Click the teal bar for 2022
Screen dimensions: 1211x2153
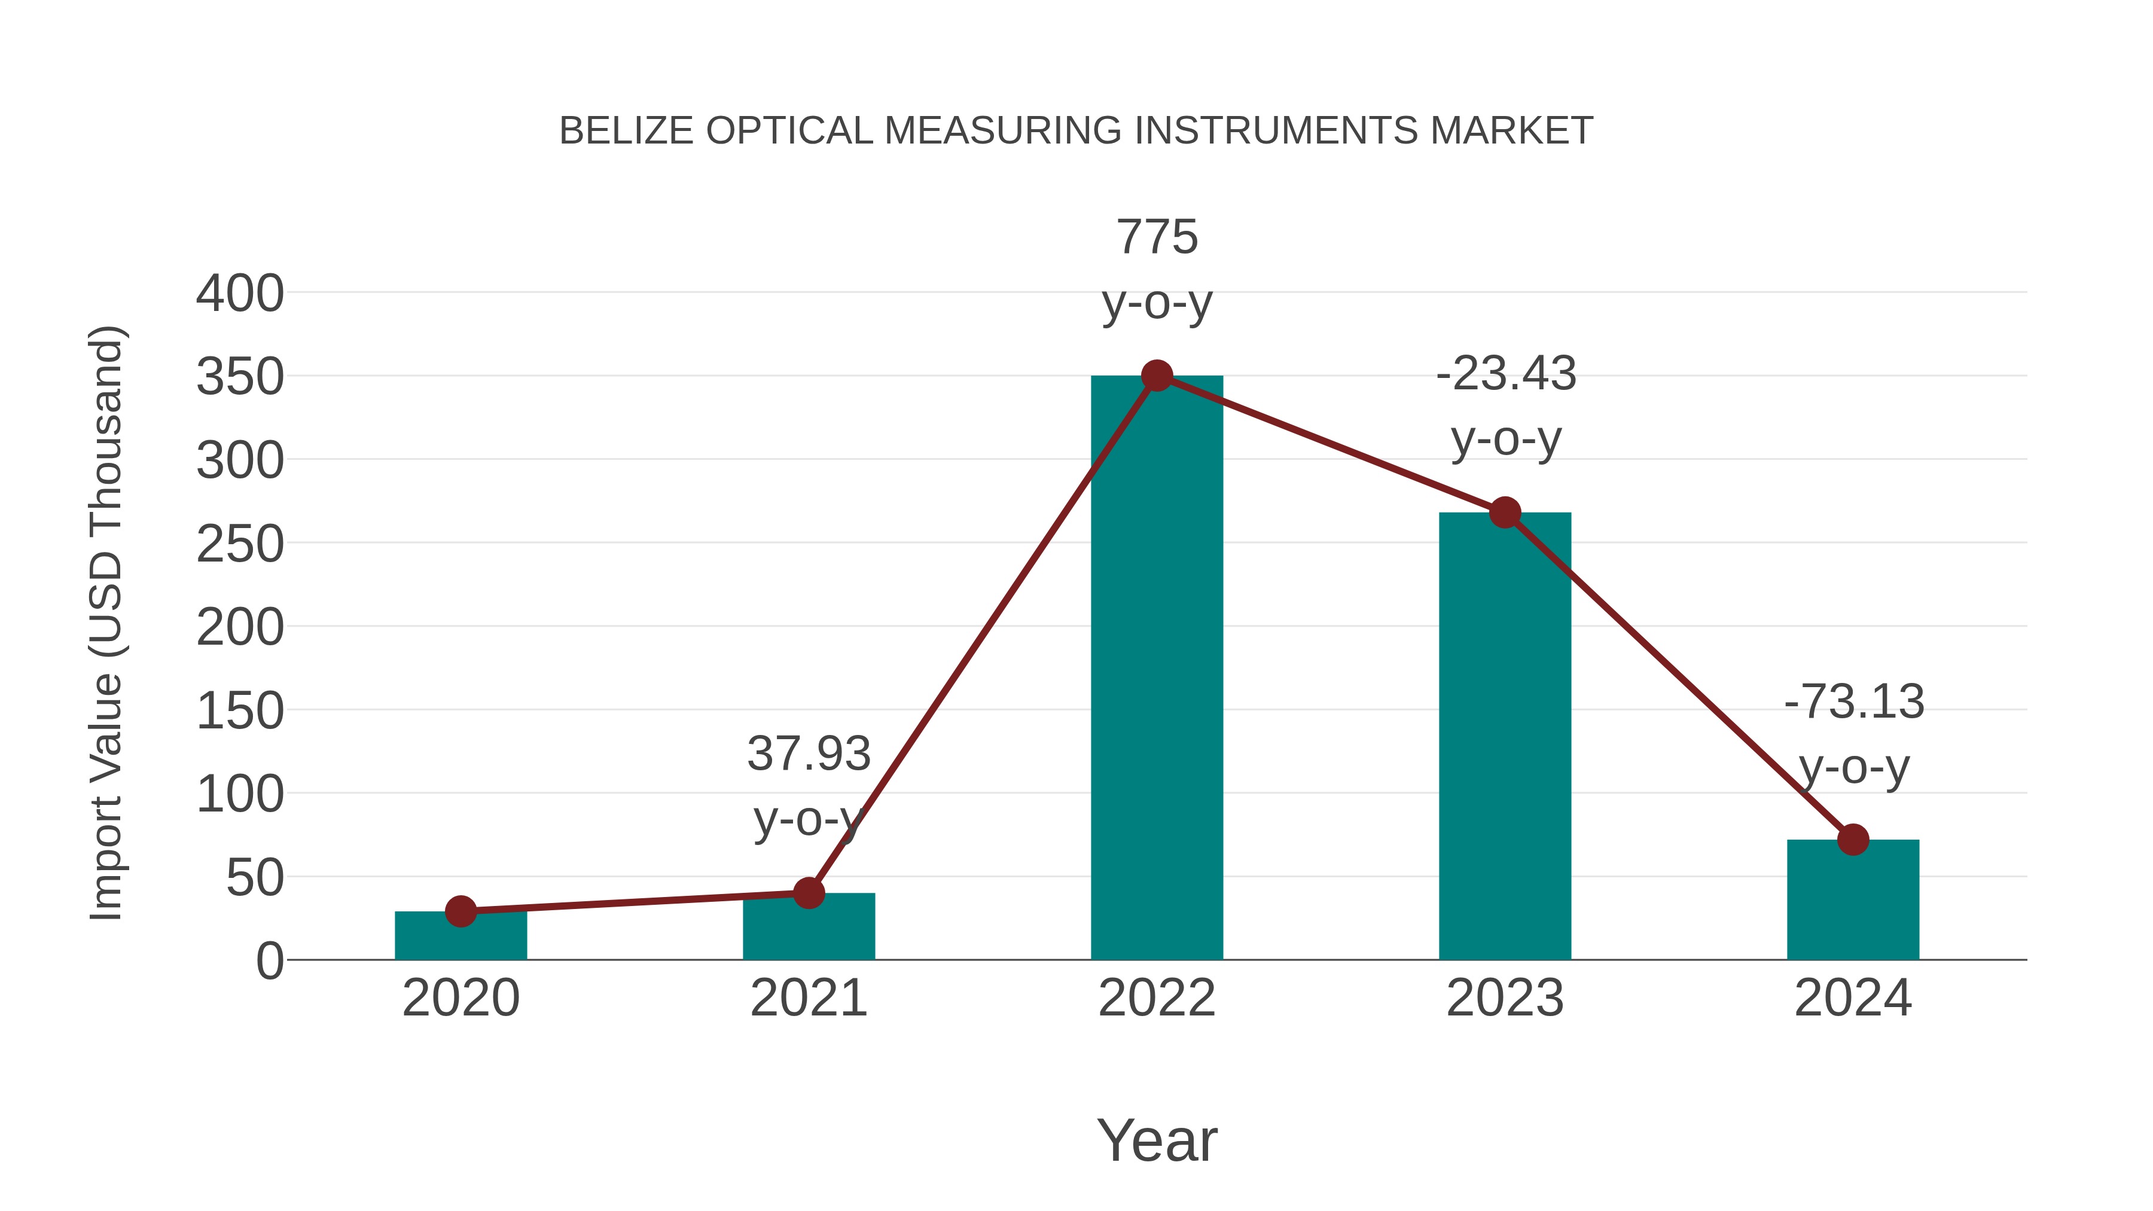pyautogui.click(x=1157, y=669)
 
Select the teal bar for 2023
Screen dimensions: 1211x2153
pyautogui.click(x=1505, y=736)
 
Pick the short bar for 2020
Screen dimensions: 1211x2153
pyautogui.click(x=461, y=936)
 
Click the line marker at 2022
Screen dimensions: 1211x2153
pyautogui.click(x=1157, y=376)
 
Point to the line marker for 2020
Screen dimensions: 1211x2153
pyautogui.click(x=461, y=911)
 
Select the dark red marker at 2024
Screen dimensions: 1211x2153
pyautogui.click(x=1853, y=839)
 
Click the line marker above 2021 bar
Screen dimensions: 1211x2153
pyautogui.click(x=808, y=893)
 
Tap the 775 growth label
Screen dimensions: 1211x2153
pyautogui.click(x=1157, y=237)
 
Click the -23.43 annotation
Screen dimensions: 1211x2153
pyautogui.click(x=1505, y=374)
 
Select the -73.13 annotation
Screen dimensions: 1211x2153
pyautogui.click(x=1853, y=701)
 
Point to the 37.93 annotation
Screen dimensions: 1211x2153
pyautogui.click(x=808, y=754)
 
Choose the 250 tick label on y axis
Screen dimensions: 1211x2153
pyautogui.click(x=240, y=544)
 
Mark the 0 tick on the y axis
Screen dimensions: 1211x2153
pyautogui.click(x=269, y=960)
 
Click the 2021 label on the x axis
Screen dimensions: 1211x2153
pyautogui.click(x=808, y=998)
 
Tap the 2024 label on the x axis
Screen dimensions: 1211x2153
pyautogui.click(x=1853, y=998)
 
